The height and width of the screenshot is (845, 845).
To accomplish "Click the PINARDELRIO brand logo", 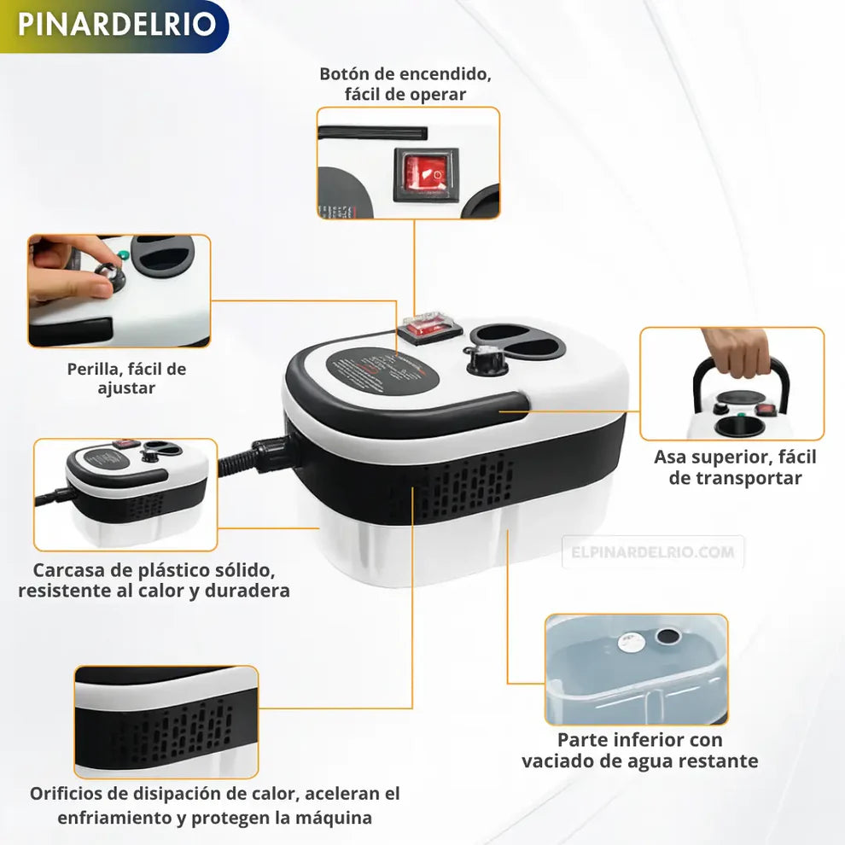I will tap(115, 25).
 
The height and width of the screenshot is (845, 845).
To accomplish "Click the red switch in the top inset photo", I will tap(425, 173).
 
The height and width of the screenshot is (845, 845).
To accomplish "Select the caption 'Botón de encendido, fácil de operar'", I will tap(405, 84).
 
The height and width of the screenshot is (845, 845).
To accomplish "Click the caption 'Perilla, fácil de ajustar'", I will tap(126, 378).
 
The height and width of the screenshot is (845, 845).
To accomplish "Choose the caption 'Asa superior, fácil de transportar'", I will tap(735, 467).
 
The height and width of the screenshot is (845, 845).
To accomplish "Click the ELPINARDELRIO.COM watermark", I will tap(653, 552).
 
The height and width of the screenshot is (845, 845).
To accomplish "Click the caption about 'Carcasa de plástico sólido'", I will tap(154, 580).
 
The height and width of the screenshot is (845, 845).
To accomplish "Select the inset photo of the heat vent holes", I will tap(166, 722).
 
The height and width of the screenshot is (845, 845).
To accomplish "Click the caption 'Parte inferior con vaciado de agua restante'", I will tap(639, 750).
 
